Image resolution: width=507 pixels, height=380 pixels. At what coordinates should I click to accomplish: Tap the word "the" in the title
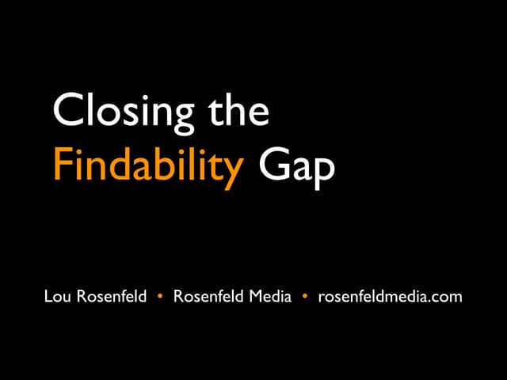(242, 111)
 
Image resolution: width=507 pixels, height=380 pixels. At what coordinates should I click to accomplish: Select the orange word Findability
(147, 168)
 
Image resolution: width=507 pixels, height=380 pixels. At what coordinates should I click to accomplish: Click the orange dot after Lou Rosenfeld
(161, 297)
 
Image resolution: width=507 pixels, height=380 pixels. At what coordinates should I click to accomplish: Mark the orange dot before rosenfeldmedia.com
(304, 297)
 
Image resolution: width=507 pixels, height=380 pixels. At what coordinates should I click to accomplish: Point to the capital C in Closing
(67, 111)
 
